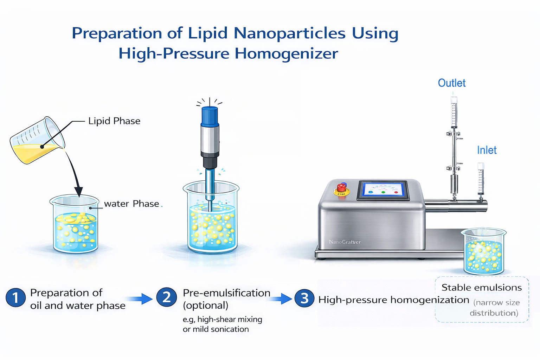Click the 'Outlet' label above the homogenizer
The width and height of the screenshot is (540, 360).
point(451,83)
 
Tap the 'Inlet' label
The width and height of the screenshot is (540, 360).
point(487,150)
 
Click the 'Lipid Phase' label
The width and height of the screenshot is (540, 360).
point(114,121)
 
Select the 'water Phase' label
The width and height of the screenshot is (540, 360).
point(131,204)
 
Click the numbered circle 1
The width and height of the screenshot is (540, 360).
point(15,297)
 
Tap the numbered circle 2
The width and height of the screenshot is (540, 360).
point(166,297)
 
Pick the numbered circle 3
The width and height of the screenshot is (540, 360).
point(304,298)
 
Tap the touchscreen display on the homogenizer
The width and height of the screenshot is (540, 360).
point(383,190)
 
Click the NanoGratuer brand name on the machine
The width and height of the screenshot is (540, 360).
point(345,242)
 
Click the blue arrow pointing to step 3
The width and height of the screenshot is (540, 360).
point(281,299)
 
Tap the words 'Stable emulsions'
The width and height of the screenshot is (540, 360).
point(481,288)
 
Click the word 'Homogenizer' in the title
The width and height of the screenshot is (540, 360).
point(286,54)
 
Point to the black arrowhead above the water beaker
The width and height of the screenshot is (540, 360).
point(79,191)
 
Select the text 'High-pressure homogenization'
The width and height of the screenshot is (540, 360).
point(393,300)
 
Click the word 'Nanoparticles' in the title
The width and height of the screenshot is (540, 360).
point(289,33)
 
